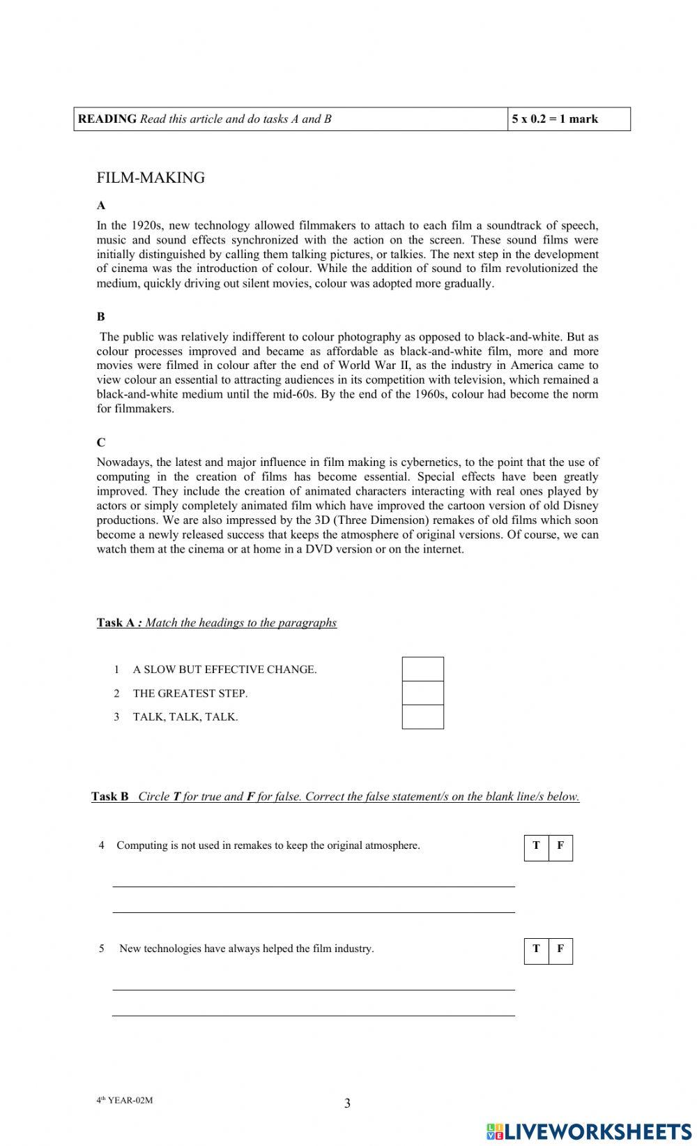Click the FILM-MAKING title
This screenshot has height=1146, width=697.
151,178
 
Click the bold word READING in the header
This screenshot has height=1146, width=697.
107,119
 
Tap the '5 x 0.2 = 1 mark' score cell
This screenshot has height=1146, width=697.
555,119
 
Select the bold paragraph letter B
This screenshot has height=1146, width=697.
101,316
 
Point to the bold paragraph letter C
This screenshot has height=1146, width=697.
101,442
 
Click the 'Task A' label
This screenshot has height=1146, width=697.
115,623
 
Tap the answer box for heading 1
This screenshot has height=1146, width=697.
422,670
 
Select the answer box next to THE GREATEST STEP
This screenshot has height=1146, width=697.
422,693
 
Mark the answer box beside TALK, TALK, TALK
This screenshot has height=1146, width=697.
422,717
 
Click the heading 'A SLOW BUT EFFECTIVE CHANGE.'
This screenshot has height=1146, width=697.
224,670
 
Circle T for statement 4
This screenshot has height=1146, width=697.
536,847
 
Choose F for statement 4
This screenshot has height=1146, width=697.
560,847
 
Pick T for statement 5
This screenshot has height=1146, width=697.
536,950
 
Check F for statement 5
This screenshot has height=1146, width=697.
560,950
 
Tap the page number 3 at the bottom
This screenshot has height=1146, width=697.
347,1103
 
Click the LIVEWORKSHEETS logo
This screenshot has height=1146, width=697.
589,1131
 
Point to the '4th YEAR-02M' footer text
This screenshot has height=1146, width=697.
124,1101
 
